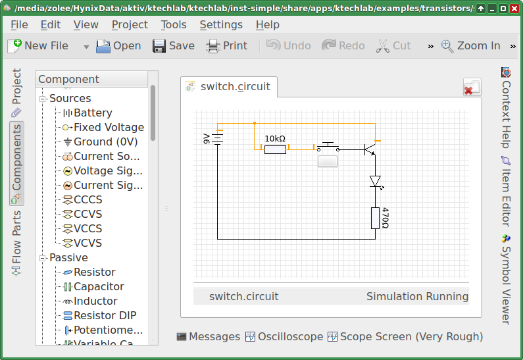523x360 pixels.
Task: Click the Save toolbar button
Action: (174, 45)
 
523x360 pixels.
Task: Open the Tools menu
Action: (174, 25)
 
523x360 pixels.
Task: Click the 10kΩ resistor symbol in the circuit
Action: (275, 149)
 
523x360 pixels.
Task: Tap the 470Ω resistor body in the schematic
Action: (375, 219)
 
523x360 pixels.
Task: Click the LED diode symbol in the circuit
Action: (376, 182)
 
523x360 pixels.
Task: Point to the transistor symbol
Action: (370, 149)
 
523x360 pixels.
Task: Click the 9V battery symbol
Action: (218, 139)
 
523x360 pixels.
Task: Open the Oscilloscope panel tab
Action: (284, 337)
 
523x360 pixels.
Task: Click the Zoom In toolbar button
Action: (470, 45)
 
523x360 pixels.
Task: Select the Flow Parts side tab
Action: (16, 244)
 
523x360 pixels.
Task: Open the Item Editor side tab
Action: (506, 191)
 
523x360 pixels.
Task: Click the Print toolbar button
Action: (227, 45)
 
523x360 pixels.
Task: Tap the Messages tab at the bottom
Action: (209, 337)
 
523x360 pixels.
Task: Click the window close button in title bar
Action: (514, 9)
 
